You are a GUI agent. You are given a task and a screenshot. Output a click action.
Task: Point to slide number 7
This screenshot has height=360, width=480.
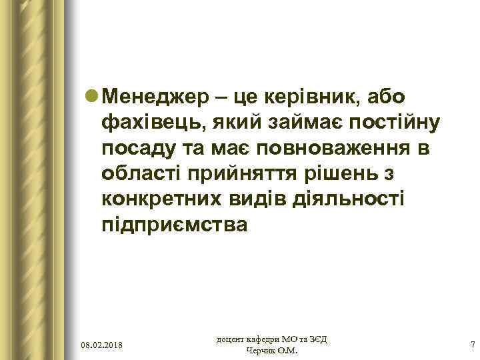(472, 345)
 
